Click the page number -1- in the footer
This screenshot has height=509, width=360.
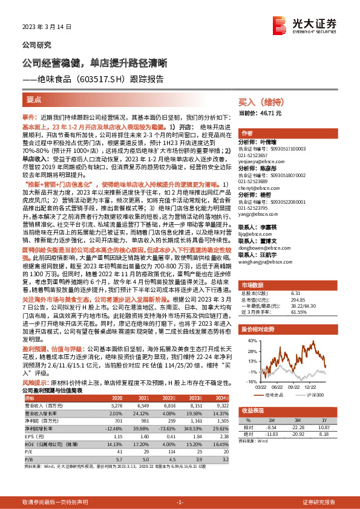point(180,502)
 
